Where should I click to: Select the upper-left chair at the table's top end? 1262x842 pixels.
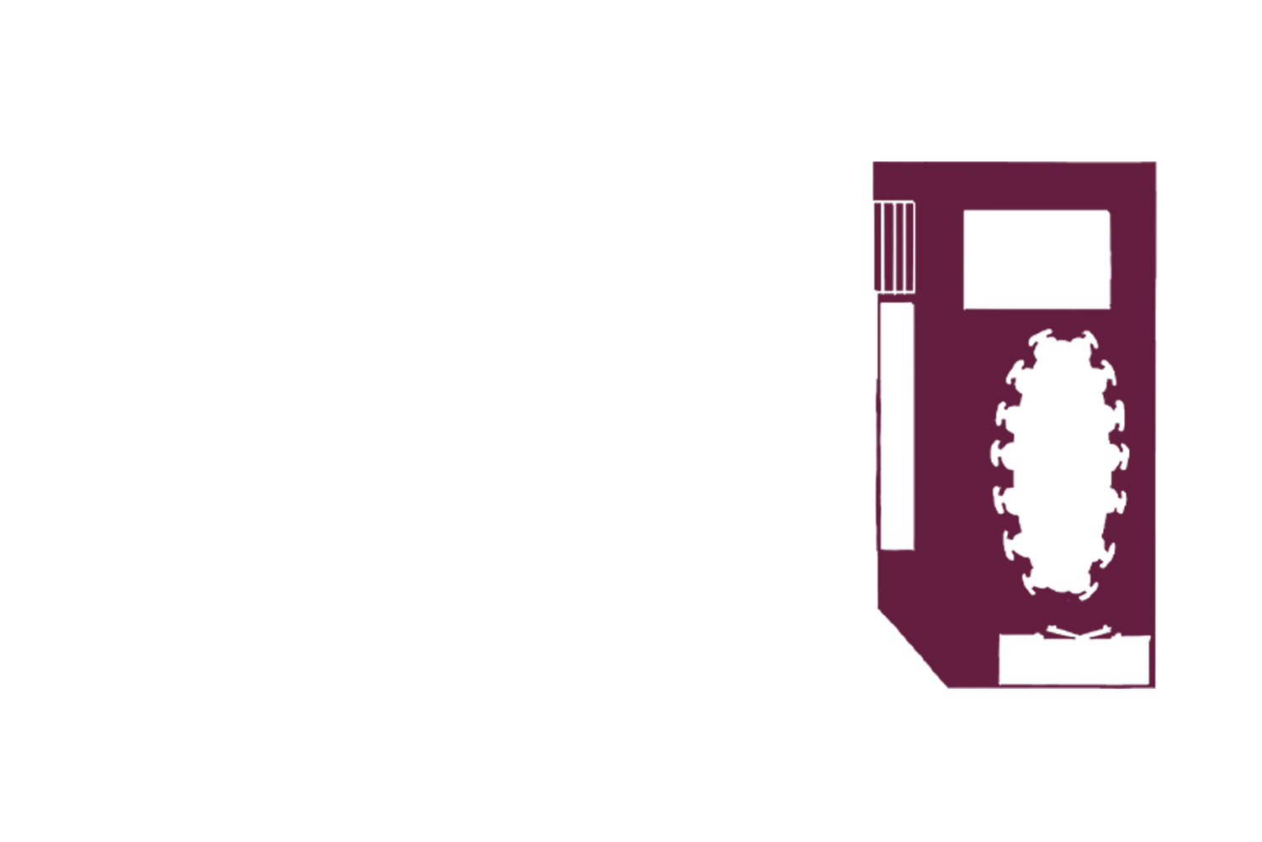(1040, 340)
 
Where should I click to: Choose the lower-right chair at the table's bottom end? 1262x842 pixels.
(1089, 586)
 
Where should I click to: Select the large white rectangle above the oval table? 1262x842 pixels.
(1036, 259)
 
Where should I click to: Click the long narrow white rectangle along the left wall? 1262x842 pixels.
(896, 426)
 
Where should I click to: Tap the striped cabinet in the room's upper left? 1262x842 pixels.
(894, 247)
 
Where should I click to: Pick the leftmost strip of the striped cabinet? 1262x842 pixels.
(879, 247)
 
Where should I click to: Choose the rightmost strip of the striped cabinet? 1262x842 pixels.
(910, 247)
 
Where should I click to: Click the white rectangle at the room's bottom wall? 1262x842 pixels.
(1074, 660)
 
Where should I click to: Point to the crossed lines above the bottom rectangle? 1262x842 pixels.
(1076, 633)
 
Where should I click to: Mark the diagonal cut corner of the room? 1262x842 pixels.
(913, 648)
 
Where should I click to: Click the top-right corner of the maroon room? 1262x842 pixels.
(1154, 163)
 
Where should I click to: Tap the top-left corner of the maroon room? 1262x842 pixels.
(875, 163)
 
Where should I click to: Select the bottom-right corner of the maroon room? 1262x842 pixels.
(1153, 686)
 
